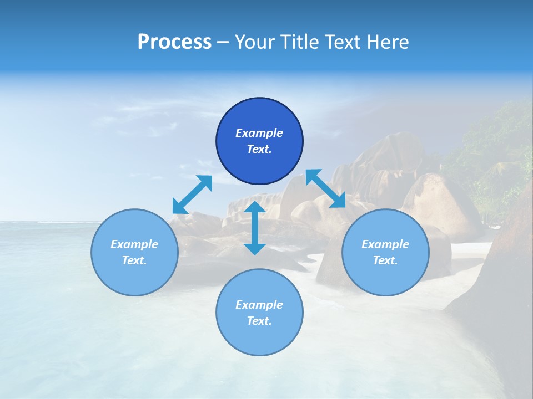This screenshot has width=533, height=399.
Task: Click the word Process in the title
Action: (174, 42)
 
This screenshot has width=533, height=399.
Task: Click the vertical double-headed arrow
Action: (255, 228)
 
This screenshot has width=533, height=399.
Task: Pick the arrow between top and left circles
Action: (192, 195)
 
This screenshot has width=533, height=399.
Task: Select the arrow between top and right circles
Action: (325, 189)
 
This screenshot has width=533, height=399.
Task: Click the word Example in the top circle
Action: (259, 133)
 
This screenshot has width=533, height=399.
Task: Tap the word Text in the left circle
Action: (134, 260)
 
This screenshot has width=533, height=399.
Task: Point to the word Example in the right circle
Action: (385, 244)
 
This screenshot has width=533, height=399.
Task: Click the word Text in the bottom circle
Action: (259, 321)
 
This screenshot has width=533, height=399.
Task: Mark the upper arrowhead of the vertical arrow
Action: (255, 208)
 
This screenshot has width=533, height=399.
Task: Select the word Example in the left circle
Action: (134, 244)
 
